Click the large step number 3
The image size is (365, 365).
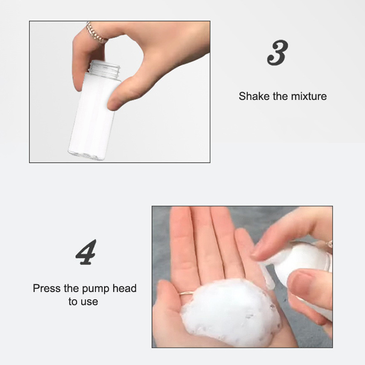point(278,53)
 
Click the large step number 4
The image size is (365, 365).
point(86,252)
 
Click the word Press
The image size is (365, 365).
point(47,288)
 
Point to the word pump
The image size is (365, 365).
point(96,289)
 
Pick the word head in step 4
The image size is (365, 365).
point(125,288)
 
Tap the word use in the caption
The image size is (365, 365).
point(89,302)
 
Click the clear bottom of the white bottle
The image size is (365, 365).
point(87,155)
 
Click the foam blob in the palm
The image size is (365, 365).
point(230,312)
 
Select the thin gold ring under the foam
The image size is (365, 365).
point(186,293)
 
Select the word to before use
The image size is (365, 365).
point(73,302)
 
